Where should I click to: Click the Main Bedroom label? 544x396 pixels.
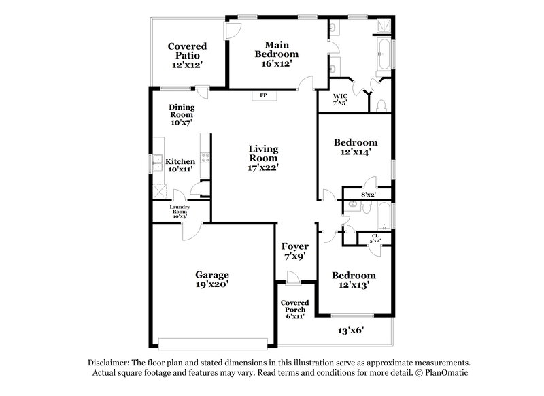[x=277, y=53]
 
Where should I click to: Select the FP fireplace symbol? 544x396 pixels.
[x=262, y=96]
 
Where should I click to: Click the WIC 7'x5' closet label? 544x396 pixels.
[x=340, y=99]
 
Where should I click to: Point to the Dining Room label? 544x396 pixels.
[x=182, y=116]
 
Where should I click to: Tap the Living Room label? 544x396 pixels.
[x=263, y=157]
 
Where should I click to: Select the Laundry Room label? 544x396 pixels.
[x=180, y=211]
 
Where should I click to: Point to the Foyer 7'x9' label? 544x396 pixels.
[x=294, y=251]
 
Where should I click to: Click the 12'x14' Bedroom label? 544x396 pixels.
[x=355, y=148]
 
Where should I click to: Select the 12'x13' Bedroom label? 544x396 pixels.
[x=353, y=280]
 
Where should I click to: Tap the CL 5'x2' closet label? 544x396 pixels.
[x=375, y=238]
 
